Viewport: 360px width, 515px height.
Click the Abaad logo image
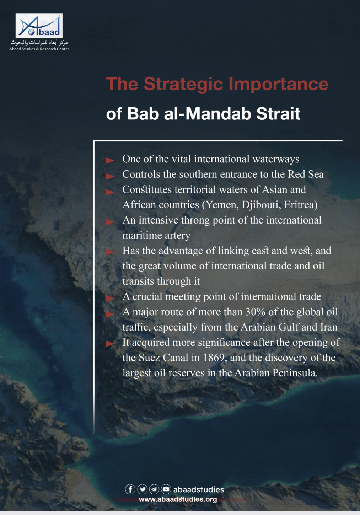pyautogui.click(x=39, y=26)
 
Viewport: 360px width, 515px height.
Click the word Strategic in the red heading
pyautogui.click(x=184, y=84)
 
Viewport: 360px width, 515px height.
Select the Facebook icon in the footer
pyautogui.click(x=130, y=489)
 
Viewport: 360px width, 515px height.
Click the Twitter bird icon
pyautogui.click(x=142, y=489)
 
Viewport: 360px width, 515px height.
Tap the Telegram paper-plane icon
pyautogui.click(x=154, y=489)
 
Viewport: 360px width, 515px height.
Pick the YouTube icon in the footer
pyautogui.click(x=166, y=489)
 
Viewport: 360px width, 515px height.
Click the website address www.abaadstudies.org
pyautogui.click(x=178, y=499)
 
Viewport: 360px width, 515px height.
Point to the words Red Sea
pyautogui.click(x=306, y=174)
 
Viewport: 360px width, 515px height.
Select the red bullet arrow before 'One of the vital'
pyautogui.click(x=110, y=161)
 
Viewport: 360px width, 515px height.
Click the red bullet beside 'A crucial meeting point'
pyautogui.click(x=110, y=298)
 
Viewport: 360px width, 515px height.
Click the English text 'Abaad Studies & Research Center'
pyautogui.click(x=39, y=49)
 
